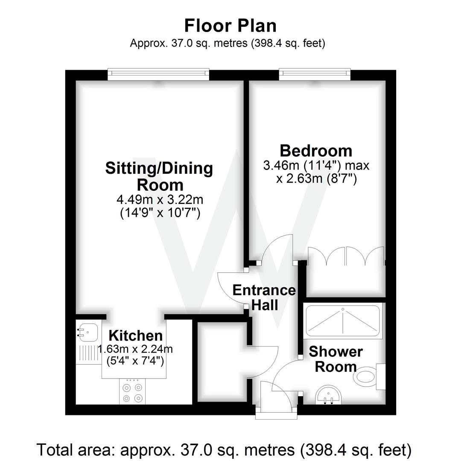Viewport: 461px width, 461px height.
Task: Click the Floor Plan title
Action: [230, 26]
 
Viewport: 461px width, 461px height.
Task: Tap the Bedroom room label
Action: [316, 151]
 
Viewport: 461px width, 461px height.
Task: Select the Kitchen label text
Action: [136, 336]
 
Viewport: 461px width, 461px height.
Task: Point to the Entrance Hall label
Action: [264, 298]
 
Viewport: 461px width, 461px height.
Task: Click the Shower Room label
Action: [336, 359]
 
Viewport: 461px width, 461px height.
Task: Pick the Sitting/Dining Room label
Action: [159, 176]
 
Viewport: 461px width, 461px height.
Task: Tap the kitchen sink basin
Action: [88, 332]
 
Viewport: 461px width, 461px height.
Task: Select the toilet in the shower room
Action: [369, 377]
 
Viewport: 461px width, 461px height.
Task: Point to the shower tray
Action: [343, 321]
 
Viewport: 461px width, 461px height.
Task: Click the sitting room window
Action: [158, 74]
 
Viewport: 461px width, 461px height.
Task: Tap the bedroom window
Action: [315, 74]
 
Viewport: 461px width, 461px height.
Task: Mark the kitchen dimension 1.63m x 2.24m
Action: [135, 349]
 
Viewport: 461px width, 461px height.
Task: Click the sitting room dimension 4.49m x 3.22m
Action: [160, 200]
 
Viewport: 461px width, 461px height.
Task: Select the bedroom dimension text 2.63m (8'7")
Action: [316, 178]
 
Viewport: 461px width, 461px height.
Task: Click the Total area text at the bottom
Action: [224, 449]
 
